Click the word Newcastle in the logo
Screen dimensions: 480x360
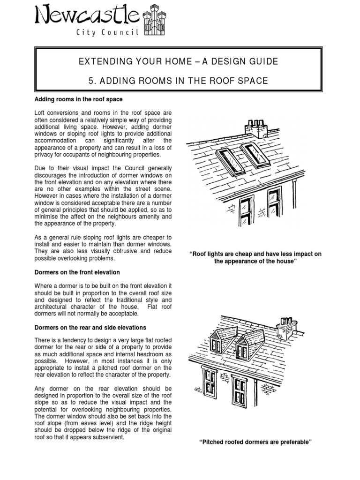pos(87,17)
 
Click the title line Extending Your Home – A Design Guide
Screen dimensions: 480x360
pos(178,61)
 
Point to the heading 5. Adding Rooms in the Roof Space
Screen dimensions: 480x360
pos(178,81)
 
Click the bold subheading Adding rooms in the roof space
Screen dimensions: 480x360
pos(79,99)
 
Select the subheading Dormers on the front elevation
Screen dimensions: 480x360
pos(77,272)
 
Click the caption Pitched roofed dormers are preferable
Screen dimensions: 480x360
pos(255,442)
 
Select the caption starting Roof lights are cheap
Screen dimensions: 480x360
pos(255,257)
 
